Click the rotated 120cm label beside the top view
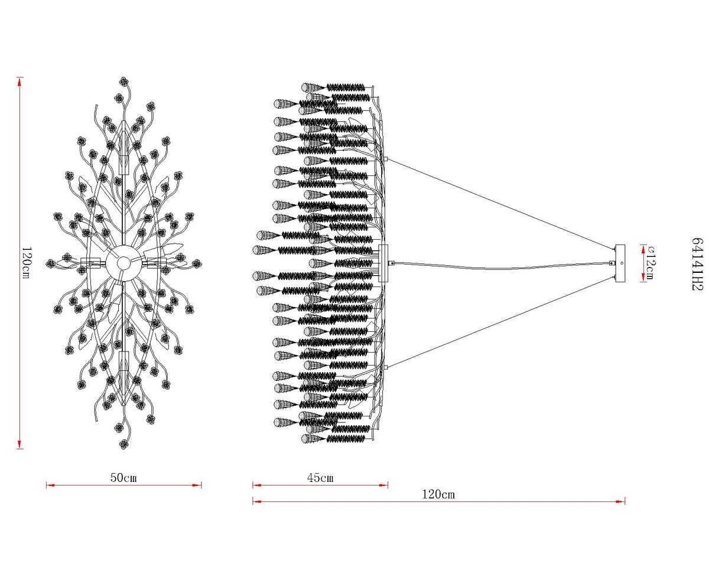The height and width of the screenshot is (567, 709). coord(27,263)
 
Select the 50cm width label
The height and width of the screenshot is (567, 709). coord(123,477)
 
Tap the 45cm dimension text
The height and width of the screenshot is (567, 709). coord(320,477)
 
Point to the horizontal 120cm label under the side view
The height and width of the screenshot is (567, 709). coord(438,494)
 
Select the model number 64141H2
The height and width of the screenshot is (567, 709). coord(697,264)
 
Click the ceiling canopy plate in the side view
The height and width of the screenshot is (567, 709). coord(620,263)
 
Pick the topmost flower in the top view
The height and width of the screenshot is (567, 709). coord(124,81)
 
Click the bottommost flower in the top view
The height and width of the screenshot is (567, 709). coord(124,444)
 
